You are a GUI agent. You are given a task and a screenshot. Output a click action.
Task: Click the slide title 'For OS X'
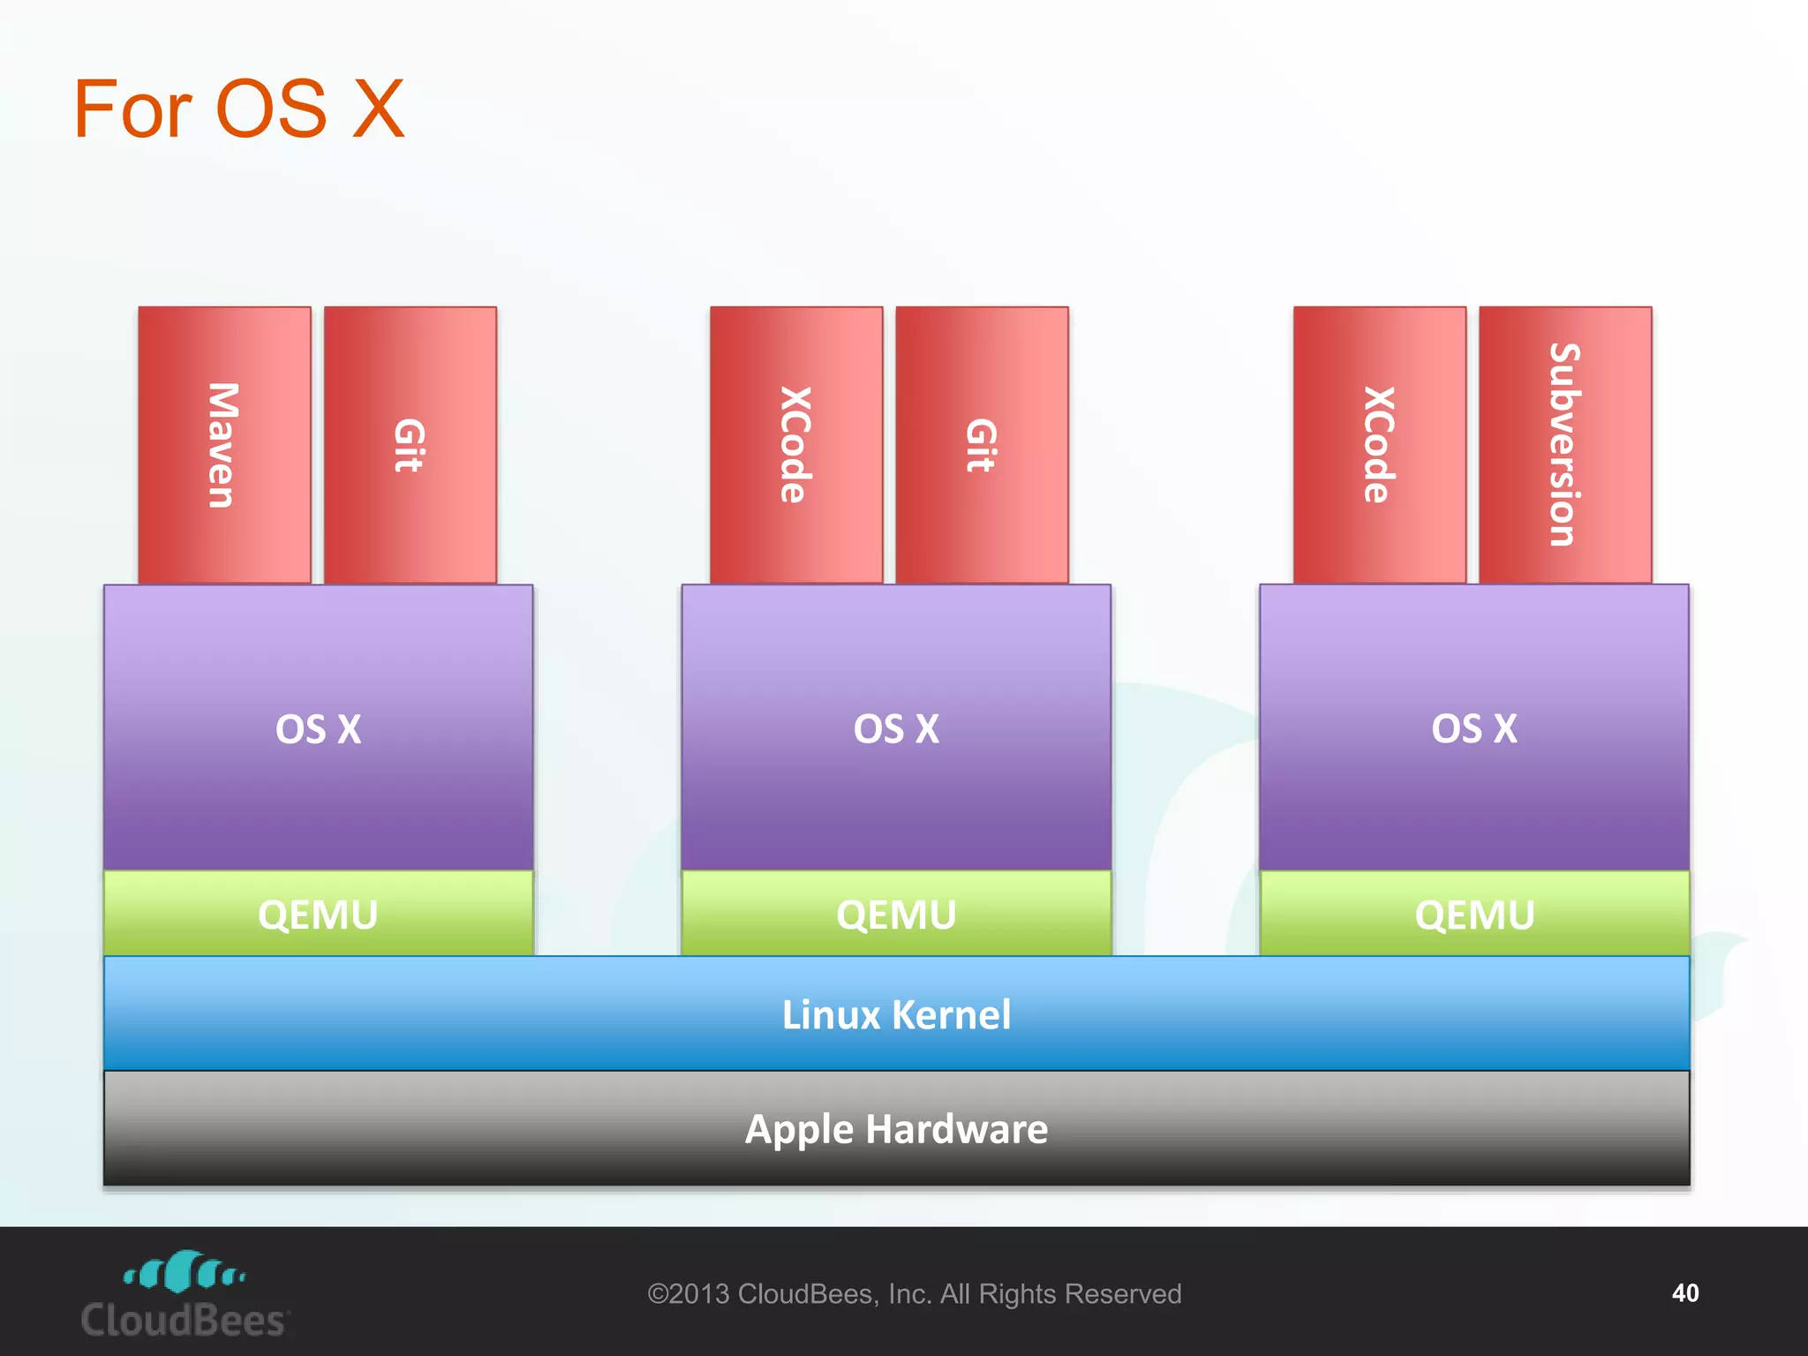(238, 109)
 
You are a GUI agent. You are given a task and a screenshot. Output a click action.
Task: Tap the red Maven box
(224, 445)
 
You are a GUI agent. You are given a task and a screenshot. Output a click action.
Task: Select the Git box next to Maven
(410, 445)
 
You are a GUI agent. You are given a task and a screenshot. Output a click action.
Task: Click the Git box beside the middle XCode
(982, 445)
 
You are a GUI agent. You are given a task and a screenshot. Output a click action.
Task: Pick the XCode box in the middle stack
(795, 445)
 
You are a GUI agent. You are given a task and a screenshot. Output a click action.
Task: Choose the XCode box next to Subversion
(1379, 445)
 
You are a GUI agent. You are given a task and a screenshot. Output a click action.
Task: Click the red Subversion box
(1564, 445)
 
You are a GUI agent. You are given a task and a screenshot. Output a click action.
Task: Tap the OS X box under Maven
(318, 728)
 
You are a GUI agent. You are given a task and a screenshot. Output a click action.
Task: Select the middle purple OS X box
(896, 728)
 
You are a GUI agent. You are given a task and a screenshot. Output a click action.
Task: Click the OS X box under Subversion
(1474, 728)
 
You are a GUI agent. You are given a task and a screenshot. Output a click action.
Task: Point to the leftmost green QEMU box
(318, 914)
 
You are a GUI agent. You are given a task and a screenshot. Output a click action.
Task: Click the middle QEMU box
(896, 914)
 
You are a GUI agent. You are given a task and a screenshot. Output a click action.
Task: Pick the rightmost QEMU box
(1474, 914)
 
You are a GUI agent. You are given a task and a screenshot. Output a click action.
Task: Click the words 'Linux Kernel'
(896, 1014)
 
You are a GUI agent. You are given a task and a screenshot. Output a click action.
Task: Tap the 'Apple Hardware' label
(896, 1129)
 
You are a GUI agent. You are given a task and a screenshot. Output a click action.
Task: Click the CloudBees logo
(184, 1294)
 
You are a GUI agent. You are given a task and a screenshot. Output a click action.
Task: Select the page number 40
(1684, 1293)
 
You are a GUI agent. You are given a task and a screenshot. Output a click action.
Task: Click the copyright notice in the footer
(914, 1294)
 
